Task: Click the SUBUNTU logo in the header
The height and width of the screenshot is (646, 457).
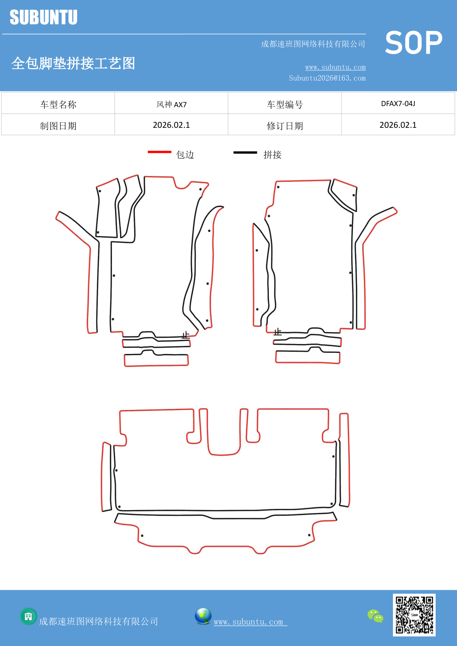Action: (x=43, y=17)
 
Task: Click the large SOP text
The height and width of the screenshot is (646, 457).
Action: (x=414, y=43)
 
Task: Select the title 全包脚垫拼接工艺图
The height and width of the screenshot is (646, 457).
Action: (x=73, y=63)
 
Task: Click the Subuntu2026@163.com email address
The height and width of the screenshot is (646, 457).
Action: (x=327, y=78)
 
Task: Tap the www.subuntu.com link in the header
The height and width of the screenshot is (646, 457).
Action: (x=335, y=67)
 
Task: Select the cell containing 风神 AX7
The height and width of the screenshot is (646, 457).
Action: (x=171, y=104)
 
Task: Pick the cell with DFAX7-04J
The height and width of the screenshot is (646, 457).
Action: (x=398, y=103)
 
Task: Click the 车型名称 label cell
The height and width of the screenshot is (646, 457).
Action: (x=58, y=104)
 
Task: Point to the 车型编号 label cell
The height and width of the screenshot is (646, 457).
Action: (x=285, y=104)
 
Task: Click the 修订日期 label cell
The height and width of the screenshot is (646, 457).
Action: (x=285, y=126)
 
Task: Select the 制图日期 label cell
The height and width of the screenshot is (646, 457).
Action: (x=58, y=126)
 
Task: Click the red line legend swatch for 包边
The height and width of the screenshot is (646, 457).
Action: (x=159, y=152)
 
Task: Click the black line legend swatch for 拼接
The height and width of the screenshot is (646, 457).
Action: (x=245, y=152)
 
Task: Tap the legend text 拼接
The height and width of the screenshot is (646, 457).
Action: (x=272, y=155)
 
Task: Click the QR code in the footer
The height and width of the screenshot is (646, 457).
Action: (x=414, y=615)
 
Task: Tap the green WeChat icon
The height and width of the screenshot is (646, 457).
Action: (x=375, y=616)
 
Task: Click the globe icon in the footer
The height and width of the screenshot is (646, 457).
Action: (x=203, y=616)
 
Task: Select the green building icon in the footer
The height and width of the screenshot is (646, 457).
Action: (x=28, y=616)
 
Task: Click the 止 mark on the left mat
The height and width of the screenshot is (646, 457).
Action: (x=186, y=335)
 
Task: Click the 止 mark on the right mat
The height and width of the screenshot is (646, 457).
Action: (x=278, y=332)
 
